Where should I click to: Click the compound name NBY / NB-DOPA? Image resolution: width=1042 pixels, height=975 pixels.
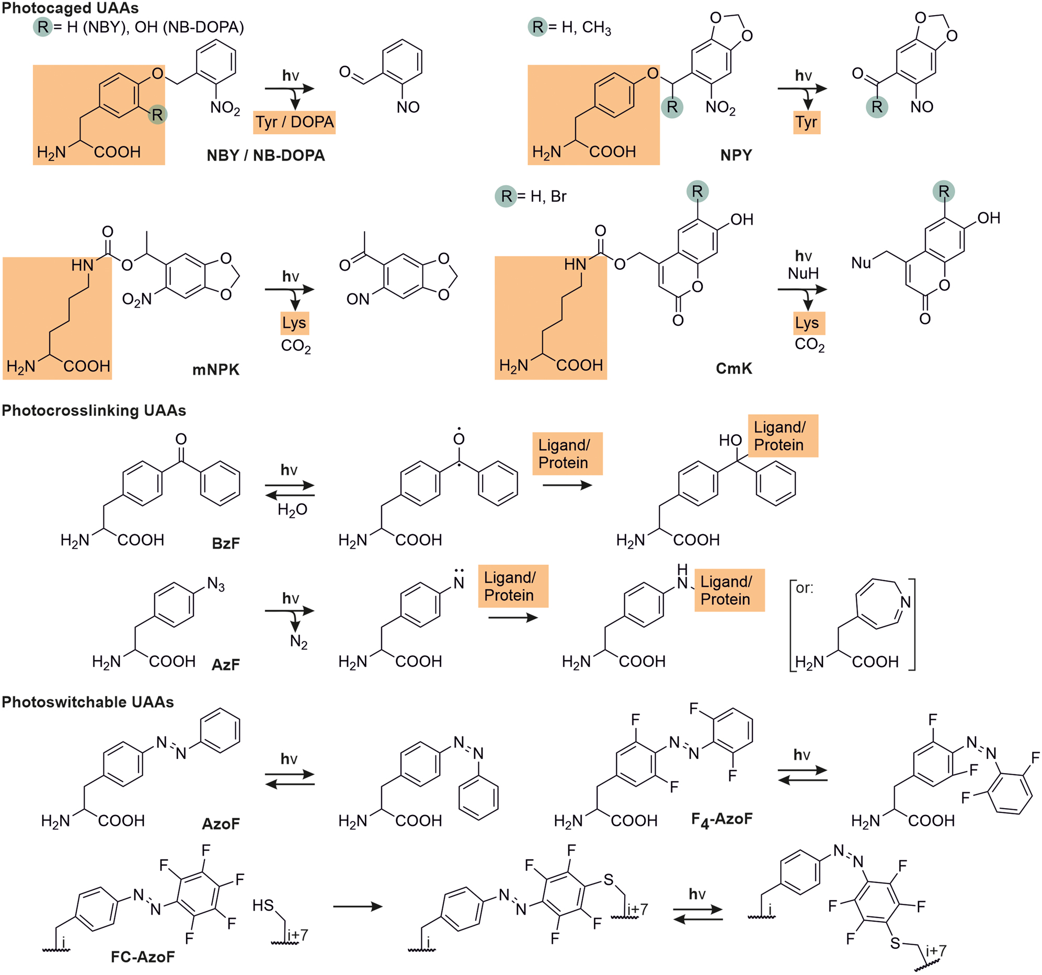pos(266,155)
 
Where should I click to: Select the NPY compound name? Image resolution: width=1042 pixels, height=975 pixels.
pos(736,155)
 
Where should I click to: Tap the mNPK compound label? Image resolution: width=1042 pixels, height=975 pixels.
pos(215,370)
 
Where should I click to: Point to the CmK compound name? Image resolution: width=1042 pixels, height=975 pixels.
pos(734,368)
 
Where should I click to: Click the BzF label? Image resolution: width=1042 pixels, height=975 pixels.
pos(225,543)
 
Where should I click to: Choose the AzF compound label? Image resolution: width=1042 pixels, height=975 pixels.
pos(225,664)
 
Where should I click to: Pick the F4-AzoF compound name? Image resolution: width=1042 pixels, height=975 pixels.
pos(721,819)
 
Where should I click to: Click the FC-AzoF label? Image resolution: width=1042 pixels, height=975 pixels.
pos(143,957)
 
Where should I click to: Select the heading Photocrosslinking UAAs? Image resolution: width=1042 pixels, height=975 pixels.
pos(94,411)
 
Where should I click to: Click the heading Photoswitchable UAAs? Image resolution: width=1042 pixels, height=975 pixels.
pos(87,702)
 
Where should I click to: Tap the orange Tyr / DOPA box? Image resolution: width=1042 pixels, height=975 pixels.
pos(294,122)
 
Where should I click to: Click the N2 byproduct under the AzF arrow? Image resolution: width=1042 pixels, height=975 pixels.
pos(299,642)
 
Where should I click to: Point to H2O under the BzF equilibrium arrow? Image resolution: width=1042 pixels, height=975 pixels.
pos(292,509)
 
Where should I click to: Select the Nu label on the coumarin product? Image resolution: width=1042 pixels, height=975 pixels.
pos(861,262)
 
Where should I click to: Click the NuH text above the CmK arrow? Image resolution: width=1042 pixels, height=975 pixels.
pos(803,273)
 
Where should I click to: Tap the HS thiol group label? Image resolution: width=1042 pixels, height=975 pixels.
pos(263,906)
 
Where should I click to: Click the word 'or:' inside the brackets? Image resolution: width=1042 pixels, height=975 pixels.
pos(805,588)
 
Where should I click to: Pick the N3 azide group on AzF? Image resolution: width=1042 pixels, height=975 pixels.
pos(216,584)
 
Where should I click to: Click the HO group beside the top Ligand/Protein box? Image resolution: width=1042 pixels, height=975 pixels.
pos(730,440)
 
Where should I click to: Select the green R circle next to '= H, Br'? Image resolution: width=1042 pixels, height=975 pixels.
pos(506,196)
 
